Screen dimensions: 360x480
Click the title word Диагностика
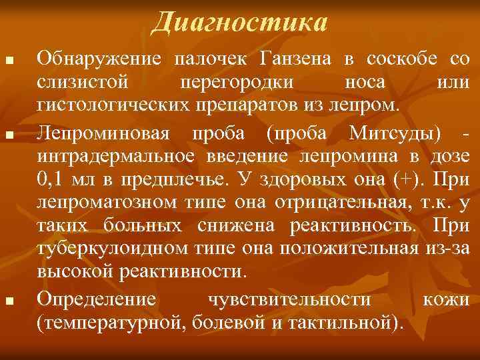[239, 22]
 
